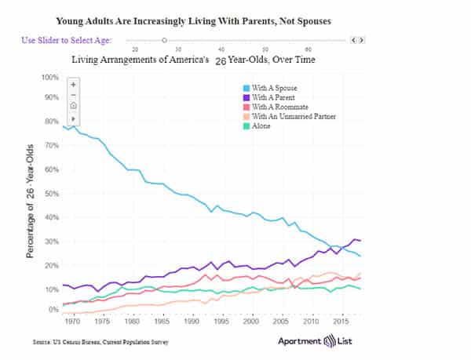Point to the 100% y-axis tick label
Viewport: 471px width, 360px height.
tap(49, 78)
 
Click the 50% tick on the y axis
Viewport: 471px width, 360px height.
tap(51, 194)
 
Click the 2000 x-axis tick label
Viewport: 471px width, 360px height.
tap(251, 322)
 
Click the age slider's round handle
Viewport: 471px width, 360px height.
tap(164, 39)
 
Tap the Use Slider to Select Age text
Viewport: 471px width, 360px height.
tap(66, 40)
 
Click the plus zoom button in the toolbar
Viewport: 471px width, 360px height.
tap(73, 83)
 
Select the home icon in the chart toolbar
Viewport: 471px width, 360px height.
tap(73, 105)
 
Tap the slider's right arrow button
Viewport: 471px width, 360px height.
tap(363, 39)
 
